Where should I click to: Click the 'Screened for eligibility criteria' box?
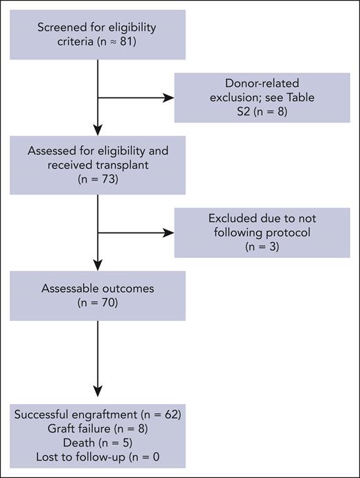point(98,34)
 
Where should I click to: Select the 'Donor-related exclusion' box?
point(262,98)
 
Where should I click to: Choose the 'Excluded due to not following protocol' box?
point(262,232)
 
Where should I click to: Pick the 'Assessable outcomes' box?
point(98,295)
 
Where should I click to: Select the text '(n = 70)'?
point(98,303)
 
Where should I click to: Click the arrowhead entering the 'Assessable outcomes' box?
point(98,264)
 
